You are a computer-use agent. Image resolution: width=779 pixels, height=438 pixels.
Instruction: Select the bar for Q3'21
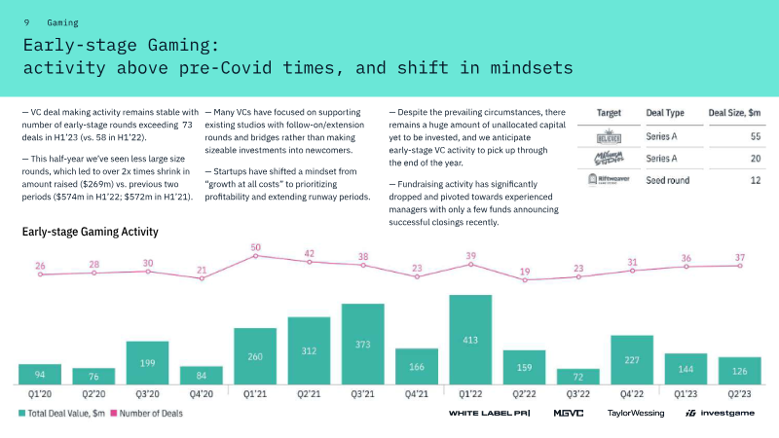point(363,345)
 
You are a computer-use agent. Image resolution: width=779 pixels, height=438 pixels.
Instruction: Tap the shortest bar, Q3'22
point(577,376)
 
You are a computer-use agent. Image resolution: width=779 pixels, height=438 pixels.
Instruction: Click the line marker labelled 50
point(255,258)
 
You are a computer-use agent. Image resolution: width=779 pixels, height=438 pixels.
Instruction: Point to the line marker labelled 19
point(525,280)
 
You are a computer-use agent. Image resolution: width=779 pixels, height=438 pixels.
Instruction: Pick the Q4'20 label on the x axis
point(202,394)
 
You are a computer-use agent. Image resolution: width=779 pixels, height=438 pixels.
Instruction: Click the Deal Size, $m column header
point(734,113)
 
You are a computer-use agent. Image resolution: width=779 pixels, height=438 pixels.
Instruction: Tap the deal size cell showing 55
point(755,136)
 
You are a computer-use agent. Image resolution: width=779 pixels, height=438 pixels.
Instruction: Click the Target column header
point(609,113)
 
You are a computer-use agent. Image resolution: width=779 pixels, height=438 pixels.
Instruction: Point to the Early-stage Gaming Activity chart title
point(90,233)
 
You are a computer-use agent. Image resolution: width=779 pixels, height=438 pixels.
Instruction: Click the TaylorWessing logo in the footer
point(635,414)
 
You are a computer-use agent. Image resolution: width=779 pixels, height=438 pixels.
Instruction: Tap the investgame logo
point(722,414)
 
